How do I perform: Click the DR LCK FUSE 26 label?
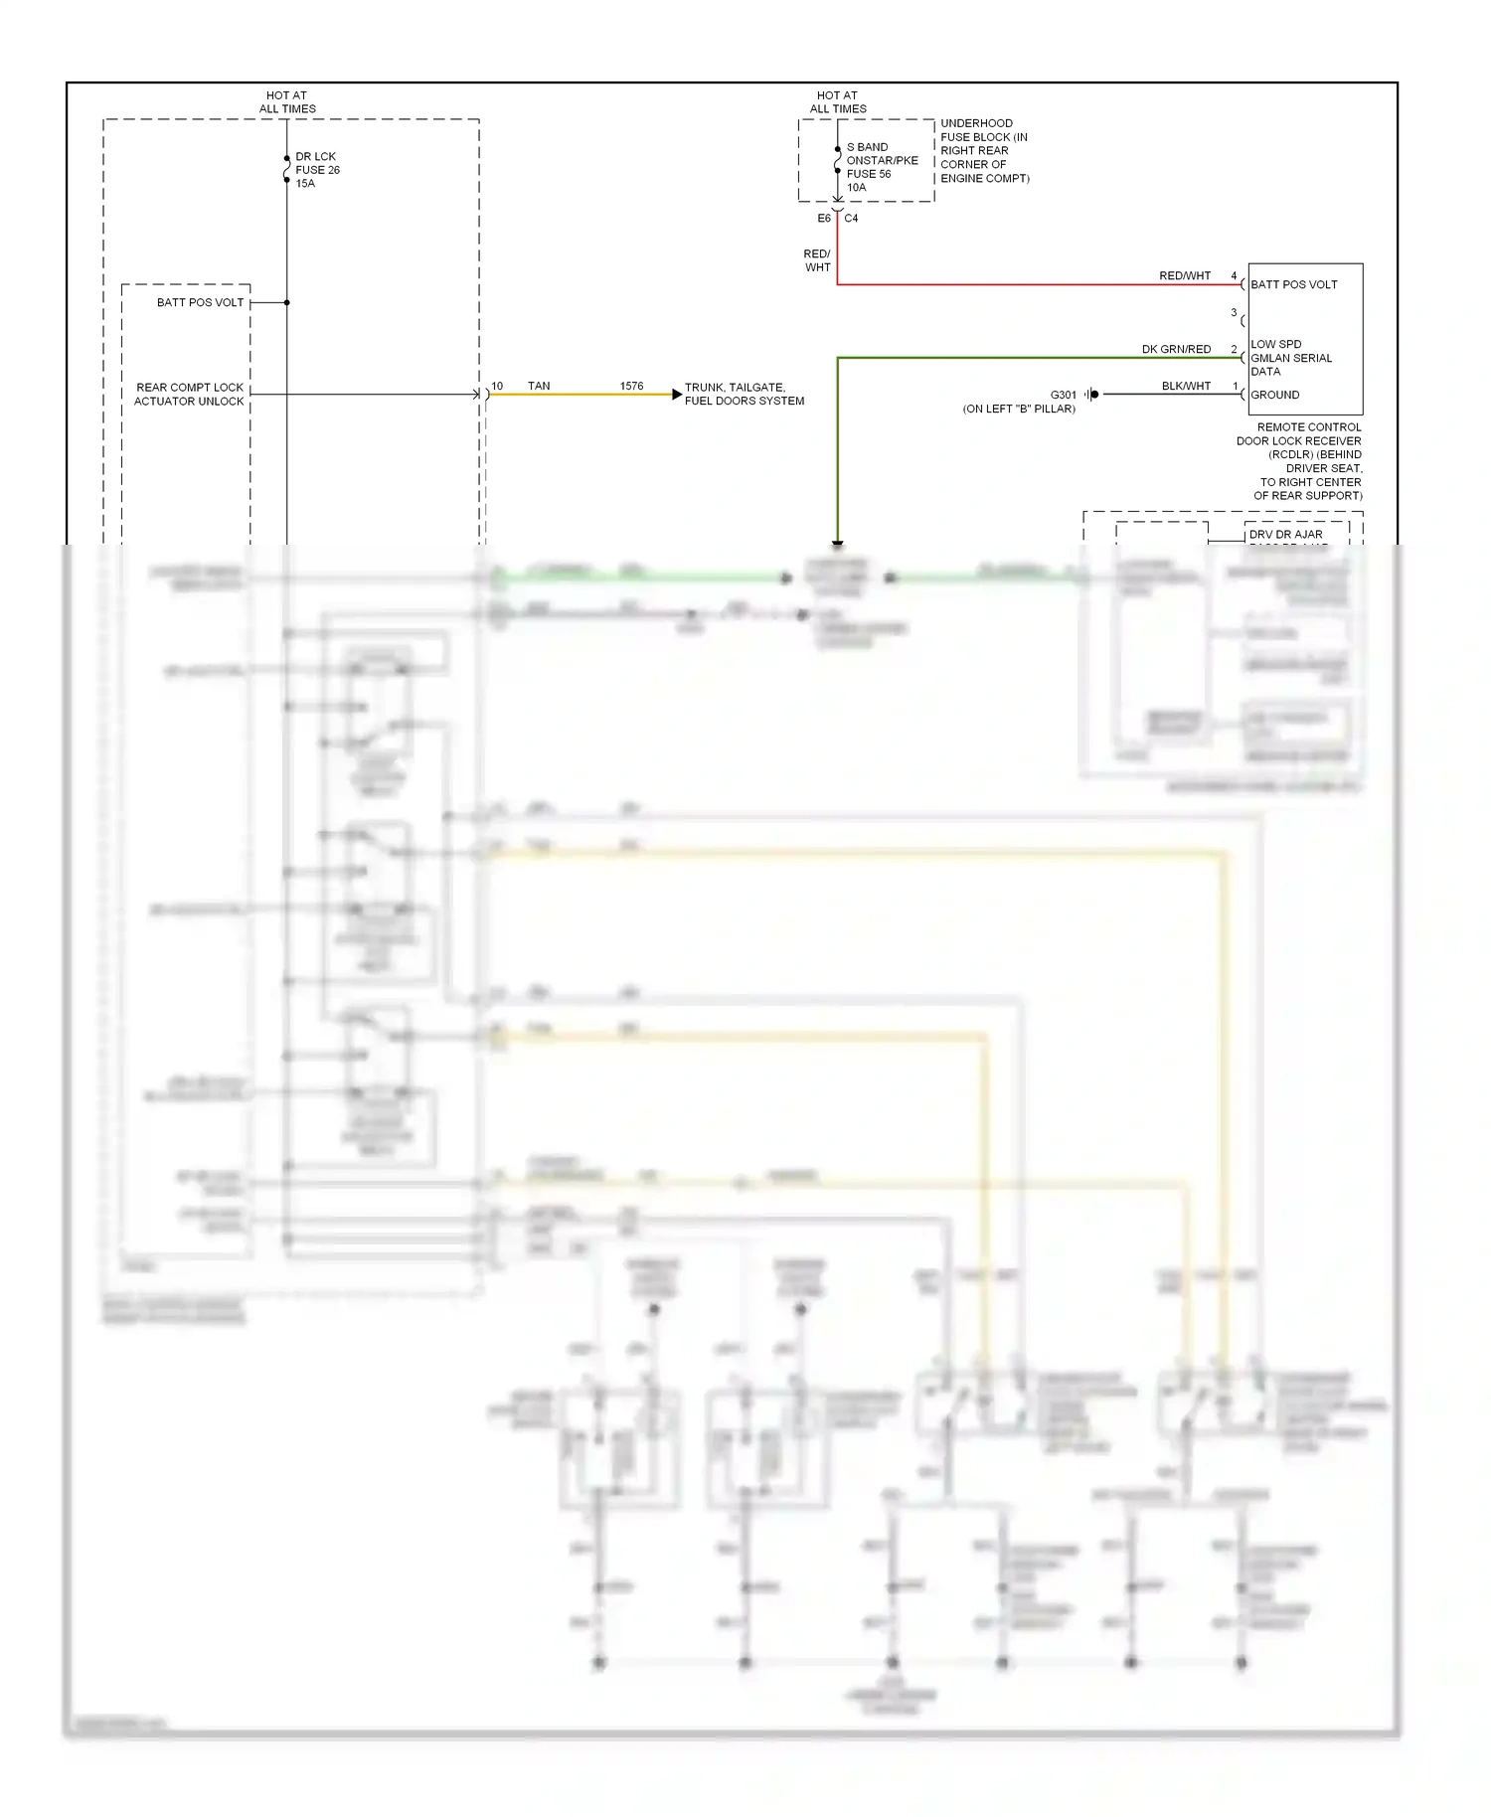[x=317, y=170]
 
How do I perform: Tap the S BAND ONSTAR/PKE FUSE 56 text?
[x=881, y=167]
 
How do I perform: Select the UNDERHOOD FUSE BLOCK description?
[x=984, y=151]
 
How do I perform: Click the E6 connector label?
[x=824, y=219]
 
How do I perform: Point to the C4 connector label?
[x=851, y=219]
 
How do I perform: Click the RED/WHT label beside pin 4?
[x=1185, y=276]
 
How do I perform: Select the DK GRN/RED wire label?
[x=1176, y=350]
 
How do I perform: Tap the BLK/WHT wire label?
[x=1186, y=387]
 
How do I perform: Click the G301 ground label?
[x=1063, y=396]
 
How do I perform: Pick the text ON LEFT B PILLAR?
[x=1019, y=410]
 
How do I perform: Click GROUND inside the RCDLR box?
[x=1274, y=396]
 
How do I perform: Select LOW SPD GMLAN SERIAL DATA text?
[x=1290, y=358]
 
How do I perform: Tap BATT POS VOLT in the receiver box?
[x=1293, y=285]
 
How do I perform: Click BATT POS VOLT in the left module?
[x=200, y=303]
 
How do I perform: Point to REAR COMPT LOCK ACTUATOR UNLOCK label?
[x=189, y=395]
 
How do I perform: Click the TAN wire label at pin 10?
[x=539, y=387]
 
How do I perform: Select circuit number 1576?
[x=631, y=387]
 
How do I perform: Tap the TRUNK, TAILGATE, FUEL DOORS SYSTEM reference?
[x=744, y=395]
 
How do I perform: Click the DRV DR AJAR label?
[x=1285, y=535]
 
